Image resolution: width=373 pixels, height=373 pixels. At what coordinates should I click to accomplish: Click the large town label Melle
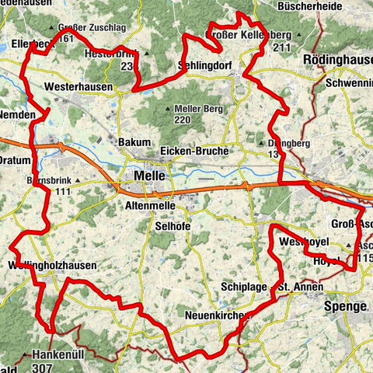(x=149, y=176)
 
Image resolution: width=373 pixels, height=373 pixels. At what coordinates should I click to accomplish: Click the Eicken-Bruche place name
(x=193, y=150)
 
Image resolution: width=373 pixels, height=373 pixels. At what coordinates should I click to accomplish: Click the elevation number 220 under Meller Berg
(x=182, y=120)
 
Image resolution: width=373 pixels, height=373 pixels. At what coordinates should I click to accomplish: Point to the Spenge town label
(x=343, y=307)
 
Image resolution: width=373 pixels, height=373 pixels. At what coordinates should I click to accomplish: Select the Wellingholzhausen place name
(x=51, y=266)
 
